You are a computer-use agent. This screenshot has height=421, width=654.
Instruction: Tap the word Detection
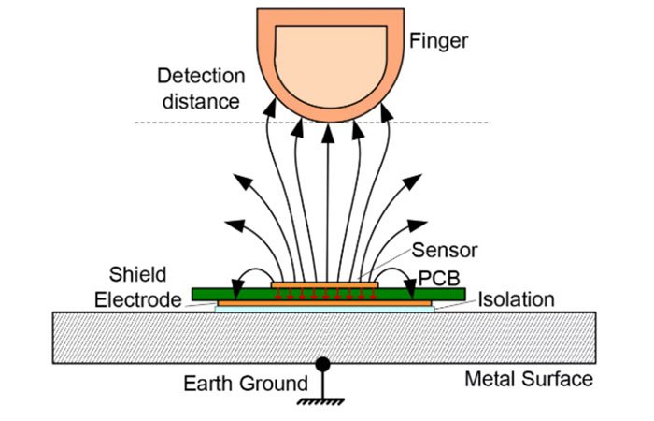point(201,76)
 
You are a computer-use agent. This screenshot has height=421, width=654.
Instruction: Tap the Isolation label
point(517,300)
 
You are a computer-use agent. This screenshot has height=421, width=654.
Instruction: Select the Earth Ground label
point(246,383)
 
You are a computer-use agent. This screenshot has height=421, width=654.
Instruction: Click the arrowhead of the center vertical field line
point(327,132)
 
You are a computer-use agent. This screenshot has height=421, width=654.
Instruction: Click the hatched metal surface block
point(140,337)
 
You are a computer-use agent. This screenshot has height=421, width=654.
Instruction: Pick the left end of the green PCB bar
point(194,295)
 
